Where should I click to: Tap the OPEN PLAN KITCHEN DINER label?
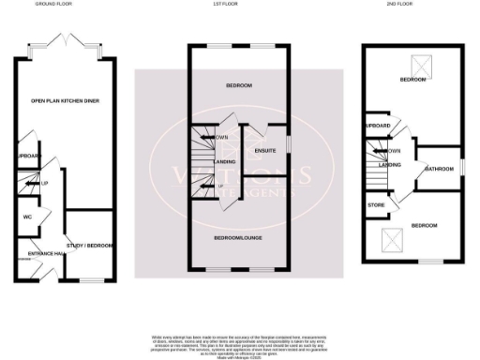(x=66, y=100)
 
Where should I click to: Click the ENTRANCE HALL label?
(x=44, y=254)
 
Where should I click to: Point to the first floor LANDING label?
(x=225, y=162)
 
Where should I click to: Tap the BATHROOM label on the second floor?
(x=439, y=170)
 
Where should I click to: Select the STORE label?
(x=377, y=204)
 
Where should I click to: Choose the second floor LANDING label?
(x=390, y=164)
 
